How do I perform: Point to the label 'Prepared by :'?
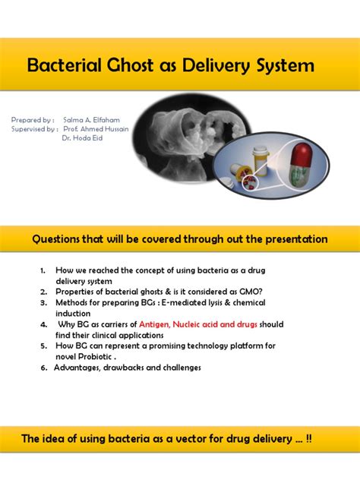point(33,120)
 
